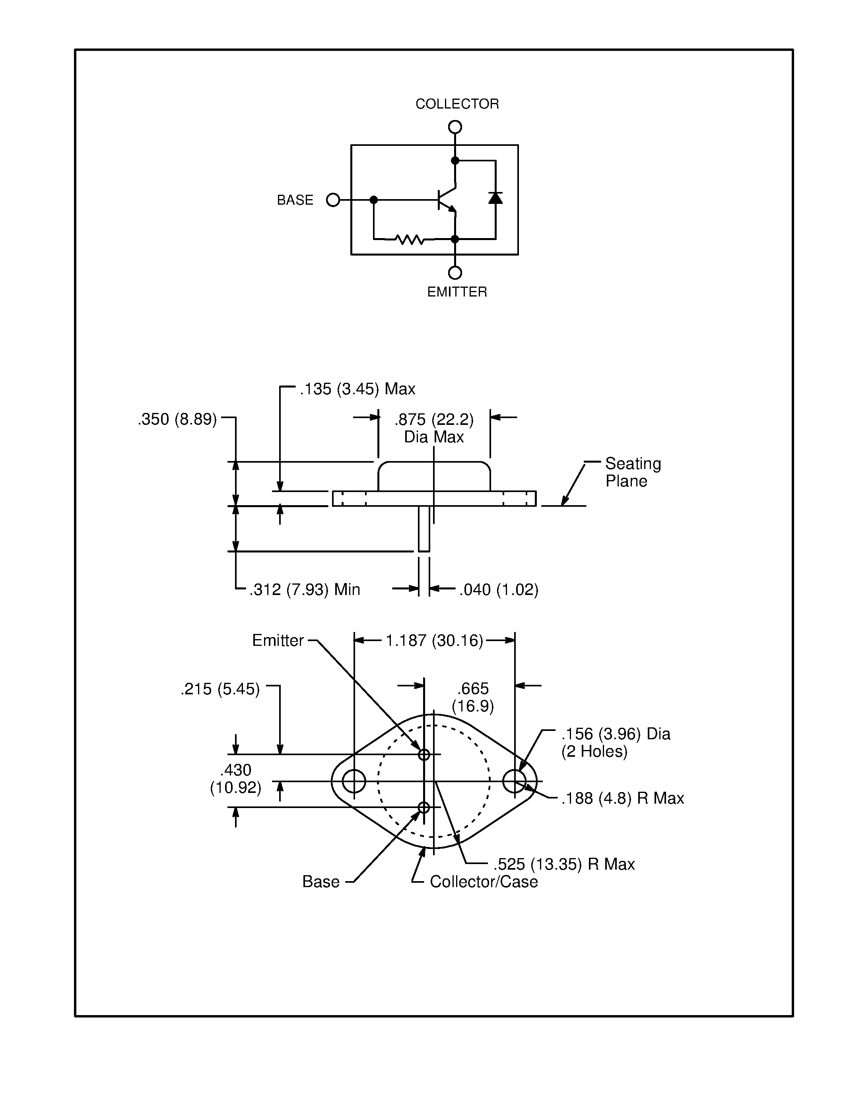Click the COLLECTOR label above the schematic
coord(456,104)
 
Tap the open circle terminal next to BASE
coord(333,200)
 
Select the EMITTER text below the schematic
coord(456,292)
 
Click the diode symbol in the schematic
coord(495,198)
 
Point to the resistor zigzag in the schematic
coord(410,240)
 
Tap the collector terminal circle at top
coord(455,127)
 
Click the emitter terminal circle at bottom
coord(455,273)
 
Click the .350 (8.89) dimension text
coord(177,419)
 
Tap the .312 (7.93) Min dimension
coord(305,589)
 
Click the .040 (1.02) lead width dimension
coord(499,589)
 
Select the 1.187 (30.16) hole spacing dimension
coord(434,641)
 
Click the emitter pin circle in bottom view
coord(424,755)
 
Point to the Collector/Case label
coord(484,881)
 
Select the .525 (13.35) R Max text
coord(564,864)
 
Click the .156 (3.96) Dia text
coord(615,734)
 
